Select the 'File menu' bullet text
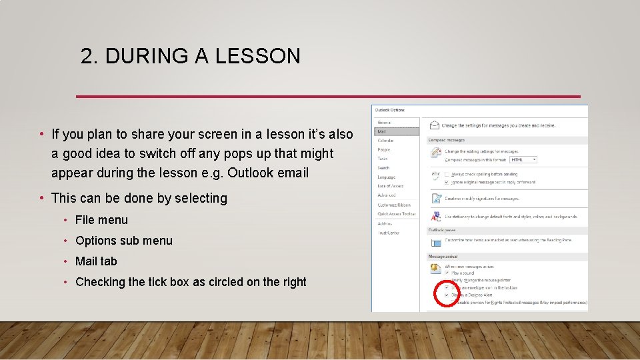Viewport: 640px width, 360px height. pos(101,220)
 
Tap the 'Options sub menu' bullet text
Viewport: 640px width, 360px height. pos(123,241)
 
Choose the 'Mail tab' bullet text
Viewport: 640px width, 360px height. pos(96,261)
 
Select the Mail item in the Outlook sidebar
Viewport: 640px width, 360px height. pos(381,132)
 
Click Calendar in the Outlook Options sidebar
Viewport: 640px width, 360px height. pos(385,141)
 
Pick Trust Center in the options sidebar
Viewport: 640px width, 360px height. pos(388,233)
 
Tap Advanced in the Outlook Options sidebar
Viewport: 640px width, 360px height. pos(387,195)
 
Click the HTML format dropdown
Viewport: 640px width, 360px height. pos(524,160)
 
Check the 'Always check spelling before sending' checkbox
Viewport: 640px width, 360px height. pos(447,173)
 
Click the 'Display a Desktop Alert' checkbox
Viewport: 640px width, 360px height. pos(447,295)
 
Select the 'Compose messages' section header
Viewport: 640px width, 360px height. pos(447,140)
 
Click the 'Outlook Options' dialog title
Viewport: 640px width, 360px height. pos(390,110)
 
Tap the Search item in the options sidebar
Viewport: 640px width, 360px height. pos(383,168)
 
